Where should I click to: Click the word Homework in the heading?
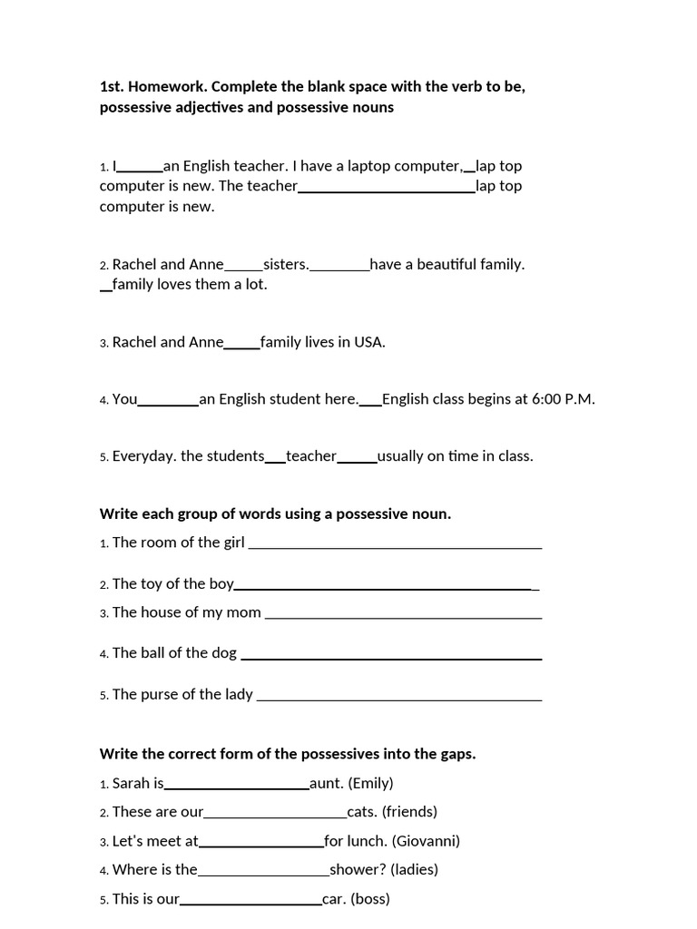point(162,87)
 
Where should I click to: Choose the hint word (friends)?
point(409,812)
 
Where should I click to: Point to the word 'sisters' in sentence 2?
point(286,265)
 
